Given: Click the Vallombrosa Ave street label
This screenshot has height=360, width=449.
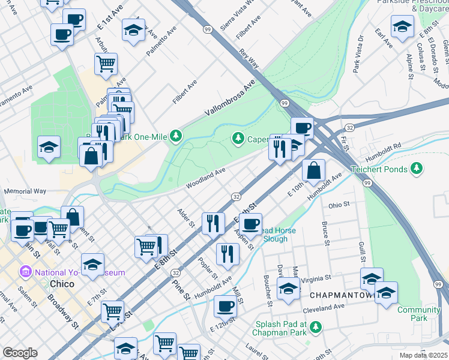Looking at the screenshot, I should coord(229,97).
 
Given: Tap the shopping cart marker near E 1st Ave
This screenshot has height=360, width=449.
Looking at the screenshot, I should coord(106,63).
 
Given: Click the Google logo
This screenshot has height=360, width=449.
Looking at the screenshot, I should coord(20,353).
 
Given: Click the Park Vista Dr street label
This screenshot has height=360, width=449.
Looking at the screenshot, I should coord(359,54).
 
